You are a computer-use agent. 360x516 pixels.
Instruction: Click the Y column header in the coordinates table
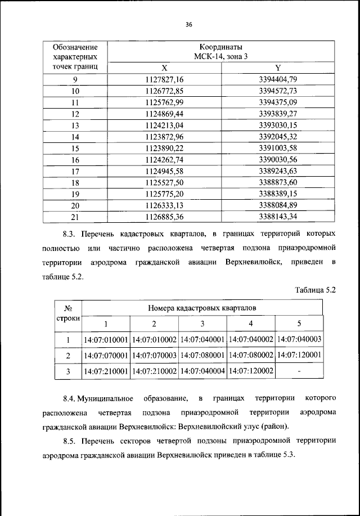[278, 68]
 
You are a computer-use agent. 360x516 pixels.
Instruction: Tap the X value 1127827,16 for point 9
[164, 79]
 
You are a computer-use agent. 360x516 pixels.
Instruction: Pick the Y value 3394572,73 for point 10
[278, 91]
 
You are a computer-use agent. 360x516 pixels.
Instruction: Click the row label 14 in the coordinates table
[75, 136]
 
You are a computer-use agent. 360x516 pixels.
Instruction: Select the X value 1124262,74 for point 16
[164, 159]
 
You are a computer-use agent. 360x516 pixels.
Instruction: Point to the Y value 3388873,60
[278, 182]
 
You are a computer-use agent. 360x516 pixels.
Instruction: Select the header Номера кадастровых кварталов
[202, 308]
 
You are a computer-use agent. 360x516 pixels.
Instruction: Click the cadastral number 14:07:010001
[106, 340]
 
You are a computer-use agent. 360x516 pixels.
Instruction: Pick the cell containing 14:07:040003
[299, 340]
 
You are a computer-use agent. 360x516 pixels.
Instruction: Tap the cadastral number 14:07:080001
[202, 356]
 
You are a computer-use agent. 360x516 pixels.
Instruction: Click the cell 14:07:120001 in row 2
[299, 356]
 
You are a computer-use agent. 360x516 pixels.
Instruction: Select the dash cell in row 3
[299, 371]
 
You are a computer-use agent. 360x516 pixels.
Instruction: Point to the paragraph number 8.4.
[69, 399]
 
